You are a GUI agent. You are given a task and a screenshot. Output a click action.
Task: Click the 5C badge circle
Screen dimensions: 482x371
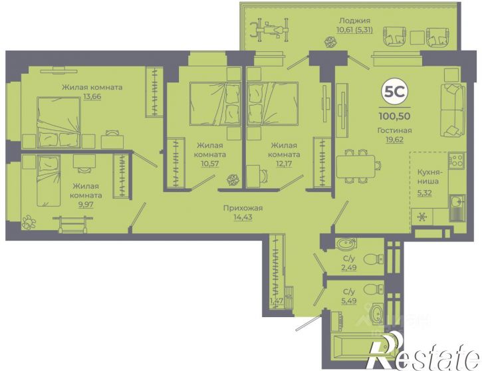tap(395, 92)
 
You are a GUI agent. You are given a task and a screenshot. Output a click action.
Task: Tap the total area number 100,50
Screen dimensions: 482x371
tap(395, 116)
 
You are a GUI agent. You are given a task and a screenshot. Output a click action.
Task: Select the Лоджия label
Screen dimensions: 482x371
tap(355, 21)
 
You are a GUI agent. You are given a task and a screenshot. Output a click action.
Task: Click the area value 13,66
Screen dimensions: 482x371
tap(92, 96)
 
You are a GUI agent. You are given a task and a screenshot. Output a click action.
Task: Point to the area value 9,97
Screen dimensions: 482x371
tap(86, 204)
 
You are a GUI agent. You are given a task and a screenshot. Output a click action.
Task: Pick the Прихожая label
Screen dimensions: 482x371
tap(243, 208)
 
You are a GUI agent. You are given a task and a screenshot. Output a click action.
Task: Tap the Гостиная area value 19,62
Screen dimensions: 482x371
tap(395, 140)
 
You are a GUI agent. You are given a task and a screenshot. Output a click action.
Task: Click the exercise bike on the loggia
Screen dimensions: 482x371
tap(270, 30)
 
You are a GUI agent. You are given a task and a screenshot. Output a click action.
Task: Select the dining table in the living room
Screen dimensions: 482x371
tap(356, 167)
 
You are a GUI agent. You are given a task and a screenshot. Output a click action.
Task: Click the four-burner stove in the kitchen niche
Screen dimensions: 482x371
tap(456, 160)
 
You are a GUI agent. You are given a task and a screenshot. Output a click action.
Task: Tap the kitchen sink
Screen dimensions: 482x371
tap(457, 203)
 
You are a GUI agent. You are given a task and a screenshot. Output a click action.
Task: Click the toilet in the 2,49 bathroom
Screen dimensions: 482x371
tap(373, 259)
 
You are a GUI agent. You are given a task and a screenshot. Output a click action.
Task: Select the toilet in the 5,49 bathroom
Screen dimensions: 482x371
tap(373, 289)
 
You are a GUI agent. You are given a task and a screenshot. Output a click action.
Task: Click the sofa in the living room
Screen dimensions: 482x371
tap(453, 110)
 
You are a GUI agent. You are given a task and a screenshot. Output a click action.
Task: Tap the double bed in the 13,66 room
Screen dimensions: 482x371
tap(59, 122)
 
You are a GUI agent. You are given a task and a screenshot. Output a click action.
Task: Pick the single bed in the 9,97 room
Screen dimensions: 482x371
tap(49, 180)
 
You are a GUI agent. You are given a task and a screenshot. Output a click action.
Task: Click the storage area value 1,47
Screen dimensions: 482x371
tap(277, 301)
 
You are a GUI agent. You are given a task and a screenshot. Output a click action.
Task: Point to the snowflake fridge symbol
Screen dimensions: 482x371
tap(422, 217)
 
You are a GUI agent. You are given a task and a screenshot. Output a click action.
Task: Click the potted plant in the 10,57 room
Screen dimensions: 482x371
tap(233, 180)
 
